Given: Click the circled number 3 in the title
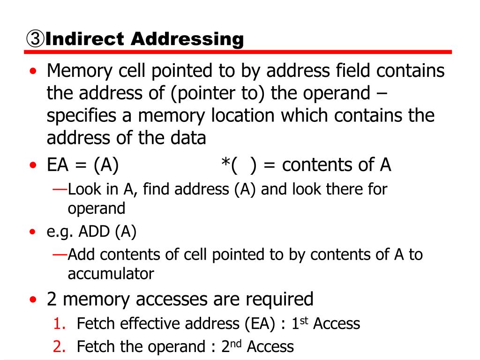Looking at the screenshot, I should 35,39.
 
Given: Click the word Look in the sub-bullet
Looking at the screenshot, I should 83,189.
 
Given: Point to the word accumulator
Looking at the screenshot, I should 111,274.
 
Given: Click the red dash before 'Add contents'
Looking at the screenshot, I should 60,254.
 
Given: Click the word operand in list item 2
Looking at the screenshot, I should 173,347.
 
